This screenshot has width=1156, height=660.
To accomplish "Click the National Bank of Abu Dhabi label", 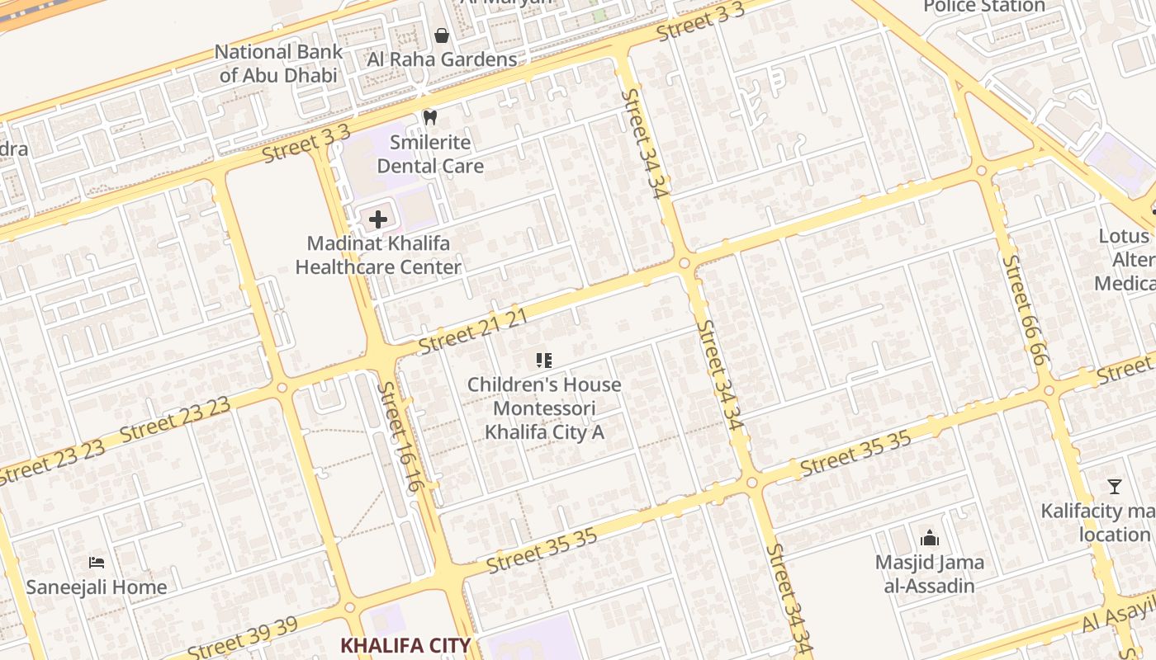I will tap(278, 64).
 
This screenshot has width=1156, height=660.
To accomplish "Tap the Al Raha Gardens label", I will tap(442, 59).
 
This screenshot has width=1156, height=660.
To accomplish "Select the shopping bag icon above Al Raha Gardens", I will tap(442, 35).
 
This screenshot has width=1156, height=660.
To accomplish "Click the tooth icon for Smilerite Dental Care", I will tap(429, 117).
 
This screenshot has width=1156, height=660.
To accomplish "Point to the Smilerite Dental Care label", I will tap(430, 154).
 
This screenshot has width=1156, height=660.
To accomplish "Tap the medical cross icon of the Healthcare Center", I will tap(378, 219).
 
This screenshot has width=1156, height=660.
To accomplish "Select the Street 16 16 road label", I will tap(400, 436).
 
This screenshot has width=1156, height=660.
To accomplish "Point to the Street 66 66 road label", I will tap(1026, 310).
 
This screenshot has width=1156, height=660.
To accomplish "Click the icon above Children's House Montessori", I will tap(543, 360).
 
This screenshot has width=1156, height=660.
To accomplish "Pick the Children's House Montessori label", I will tap(544, 408).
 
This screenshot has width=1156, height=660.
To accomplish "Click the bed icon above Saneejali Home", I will tap(97, 563).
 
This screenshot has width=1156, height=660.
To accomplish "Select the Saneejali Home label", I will tap(97, 587).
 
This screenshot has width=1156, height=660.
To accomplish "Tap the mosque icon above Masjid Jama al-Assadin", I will tap(930, 539).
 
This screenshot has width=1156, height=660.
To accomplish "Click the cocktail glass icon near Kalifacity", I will tap(1115, 487).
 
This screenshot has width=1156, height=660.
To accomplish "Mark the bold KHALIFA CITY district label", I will tap(405, 645).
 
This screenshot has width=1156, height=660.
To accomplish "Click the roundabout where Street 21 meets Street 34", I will tap(685, 263).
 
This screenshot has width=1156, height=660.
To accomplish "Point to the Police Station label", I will tap(984, 7).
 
